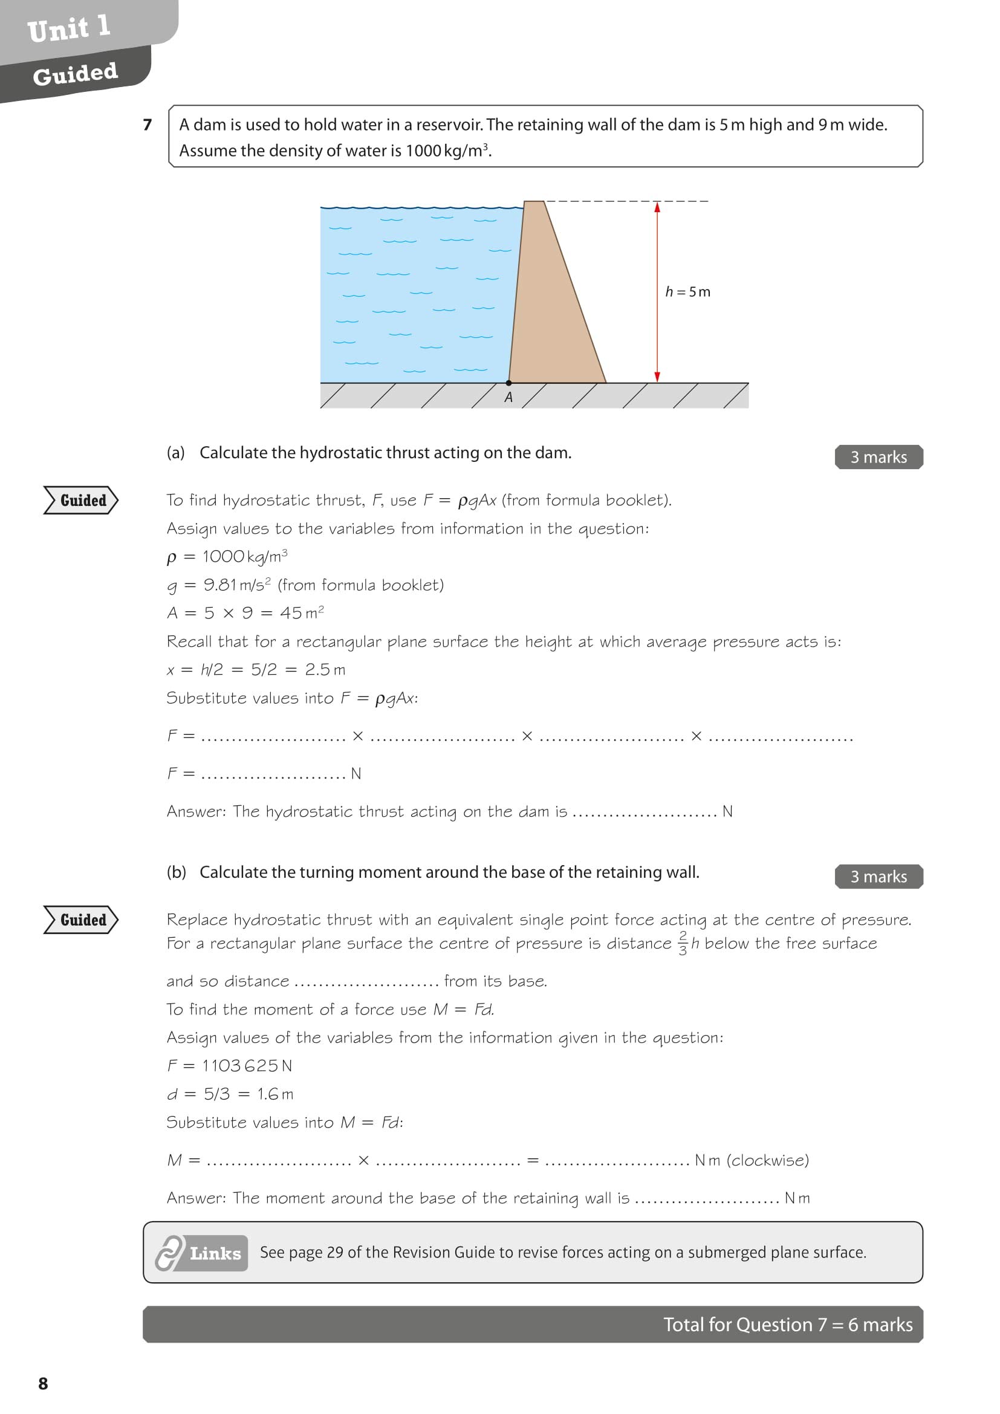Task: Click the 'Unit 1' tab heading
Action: pyautogui.click(x=69, y=28)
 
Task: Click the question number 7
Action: pyautogui.click(x=147, y=125)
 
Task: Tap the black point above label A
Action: pyautogui.click(x=508, y=383)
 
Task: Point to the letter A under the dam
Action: pyautogui.click(x=508, y=398)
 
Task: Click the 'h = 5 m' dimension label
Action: pyautogui.click(x=687, y=292)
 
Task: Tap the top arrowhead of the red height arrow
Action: pyautogui.click(x=657, y=207)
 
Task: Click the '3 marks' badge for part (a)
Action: pyautogui.click(x=878, y=457)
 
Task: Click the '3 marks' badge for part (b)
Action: pyautogui.click(x=878, y=877)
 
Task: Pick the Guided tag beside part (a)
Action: pyautogui.click(x=81, y=500)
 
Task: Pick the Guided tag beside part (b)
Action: pyautogui.click(x=81, y=919)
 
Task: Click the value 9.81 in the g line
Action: pyautogui.click(x=220, y=585)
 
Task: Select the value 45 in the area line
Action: pyautogui.click(x=291, y=613)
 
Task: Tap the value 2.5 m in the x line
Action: pyautogui.click(x=325, y=669)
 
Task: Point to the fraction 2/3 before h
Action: pyautogui.click(x=682, y=944)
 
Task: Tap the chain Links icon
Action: pyautogui.click(x=169, y=1253)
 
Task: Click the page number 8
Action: pyautogui.click(x=43, y=1383)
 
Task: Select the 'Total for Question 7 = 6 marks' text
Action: pyautogui.click(x=788, y=1325)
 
